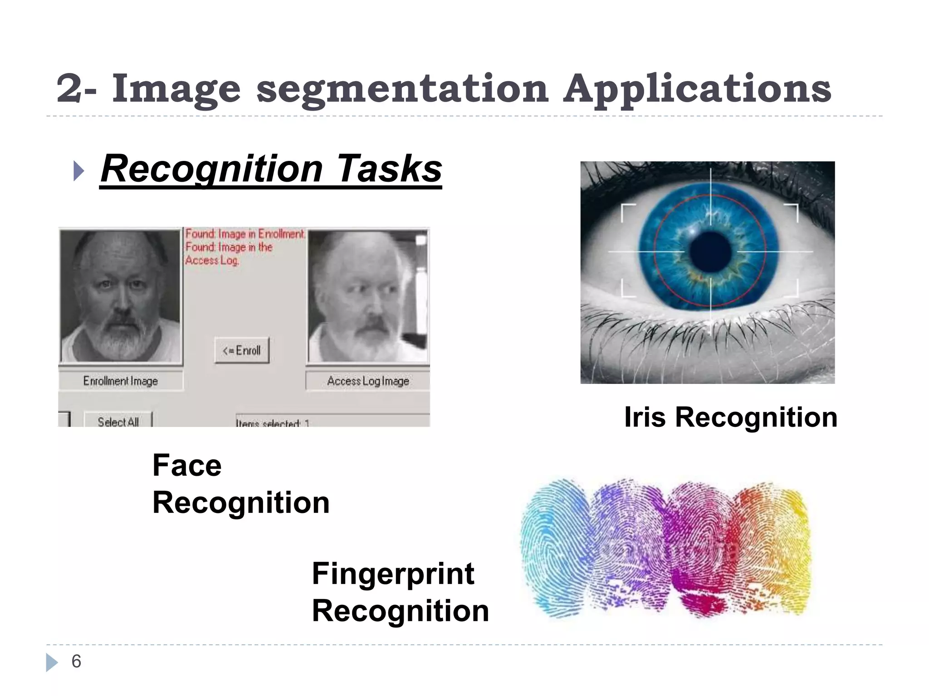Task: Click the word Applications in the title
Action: pyautogui.click(x=697, y=89)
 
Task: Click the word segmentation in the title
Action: pyautogui.click(x=403, y=89)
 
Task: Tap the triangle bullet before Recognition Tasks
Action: pyautogui.click(x=78, y=171)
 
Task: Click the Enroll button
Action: pyautogui.click(x=242, y=350)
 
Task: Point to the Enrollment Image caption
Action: pyautogui.click(x=121, y=381)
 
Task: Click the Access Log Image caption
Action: pyautogui.click(x=368, y=381)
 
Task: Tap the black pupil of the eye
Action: pyautogui.click(x=710, y=251)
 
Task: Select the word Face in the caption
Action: pyautogui.click(x=187, y=465)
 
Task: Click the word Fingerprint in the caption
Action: pyautogui.click(x=393, y=574)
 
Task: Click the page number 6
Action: pyautogui.click(x=76, y=662)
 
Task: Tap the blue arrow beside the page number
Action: pyautogui.click(x=52, y=662)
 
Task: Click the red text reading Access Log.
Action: pyautogui.click(x=212, y=261)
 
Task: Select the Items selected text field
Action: pyautogui.click(x=331, y=421)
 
